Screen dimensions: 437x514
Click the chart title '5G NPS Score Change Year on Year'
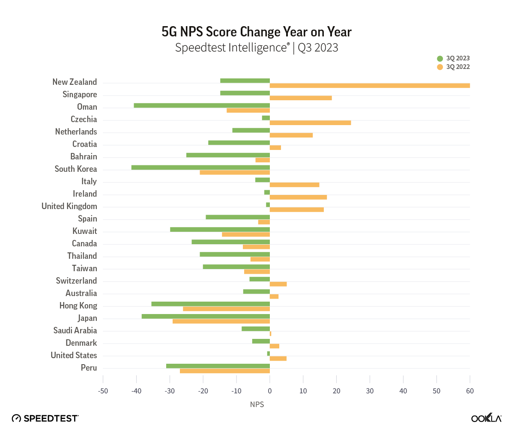257,32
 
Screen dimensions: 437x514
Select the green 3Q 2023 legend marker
440,59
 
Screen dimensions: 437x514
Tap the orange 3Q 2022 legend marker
440,67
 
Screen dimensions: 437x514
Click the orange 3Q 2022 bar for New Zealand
370,86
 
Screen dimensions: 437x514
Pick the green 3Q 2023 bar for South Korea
200,167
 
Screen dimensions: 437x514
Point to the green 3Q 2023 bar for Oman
202,105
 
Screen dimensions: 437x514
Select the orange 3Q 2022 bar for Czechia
310,123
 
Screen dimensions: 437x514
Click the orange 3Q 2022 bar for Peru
225,371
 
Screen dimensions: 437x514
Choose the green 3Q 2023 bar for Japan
206,316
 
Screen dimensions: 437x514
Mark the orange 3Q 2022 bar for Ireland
298,198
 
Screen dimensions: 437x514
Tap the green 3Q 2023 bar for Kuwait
220,229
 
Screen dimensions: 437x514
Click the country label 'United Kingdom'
69,206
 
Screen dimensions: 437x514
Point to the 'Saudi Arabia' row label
75,330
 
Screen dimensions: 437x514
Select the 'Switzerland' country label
76,281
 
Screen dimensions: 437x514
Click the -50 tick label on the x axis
103,391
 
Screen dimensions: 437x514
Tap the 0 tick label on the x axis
270,391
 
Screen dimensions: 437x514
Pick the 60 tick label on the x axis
470,391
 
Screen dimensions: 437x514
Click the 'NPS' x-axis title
257,404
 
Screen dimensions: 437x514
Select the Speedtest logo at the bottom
45,418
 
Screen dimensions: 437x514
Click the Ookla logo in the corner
486,418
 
